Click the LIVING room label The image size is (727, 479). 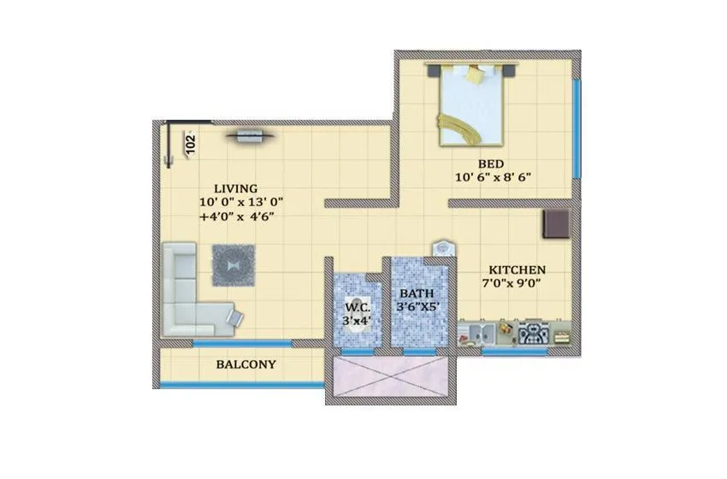click(236, 188)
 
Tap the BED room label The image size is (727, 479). click(490, 163)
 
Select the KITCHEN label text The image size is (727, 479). click(516, 269)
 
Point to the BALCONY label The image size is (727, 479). click(245, 364)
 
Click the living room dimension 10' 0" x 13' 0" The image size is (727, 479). click(240, 203)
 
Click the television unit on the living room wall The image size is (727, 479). click(251, 133)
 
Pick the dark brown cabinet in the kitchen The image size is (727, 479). click(557, 223)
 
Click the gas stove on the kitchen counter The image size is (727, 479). click(535, 332)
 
